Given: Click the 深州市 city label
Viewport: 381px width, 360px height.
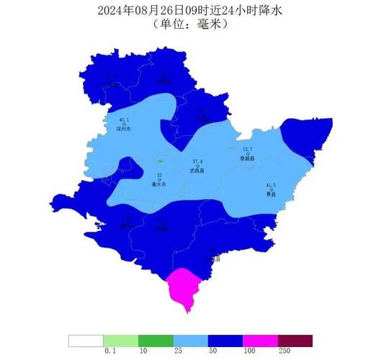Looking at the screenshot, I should (124, 130).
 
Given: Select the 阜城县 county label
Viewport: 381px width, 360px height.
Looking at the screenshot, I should (248, 157).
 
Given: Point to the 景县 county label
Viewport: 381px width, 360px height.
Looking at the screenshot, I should (271, 194).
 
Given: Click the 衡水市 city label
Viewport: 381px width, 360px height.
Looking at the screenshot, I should (159, 184).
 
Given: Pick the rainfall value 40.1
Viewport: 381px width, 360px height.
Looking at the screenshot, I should (124, 120).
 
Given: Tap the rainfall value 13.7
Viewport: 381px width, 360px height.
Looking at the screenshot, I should (248, 149).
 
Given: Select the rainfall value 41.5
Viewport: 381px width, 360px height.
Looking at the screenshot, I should (271, 185).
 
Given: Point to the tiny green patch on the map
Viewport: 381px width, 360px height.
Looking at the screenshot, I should (159, 161).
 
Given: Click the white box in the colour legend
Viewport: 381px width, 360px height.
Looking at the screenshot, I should (86, 340).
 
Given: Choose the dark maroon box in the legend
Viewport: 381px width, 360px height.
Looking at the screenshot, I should (295, 340).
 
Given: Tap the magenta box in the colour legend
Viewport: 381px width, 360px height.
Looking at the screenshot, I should (260, 340).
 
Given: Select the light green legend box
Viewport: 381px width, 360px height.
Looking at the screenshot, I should (121, 340).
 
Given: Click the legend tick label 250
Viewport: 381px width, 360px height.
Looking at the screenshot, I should (278, 351).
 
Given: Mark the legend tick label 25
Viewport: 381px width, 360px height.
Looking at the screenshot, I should (173, 351).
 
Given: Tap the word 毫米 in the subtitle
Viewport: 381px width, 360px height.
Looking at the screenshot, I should (212, 24).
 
